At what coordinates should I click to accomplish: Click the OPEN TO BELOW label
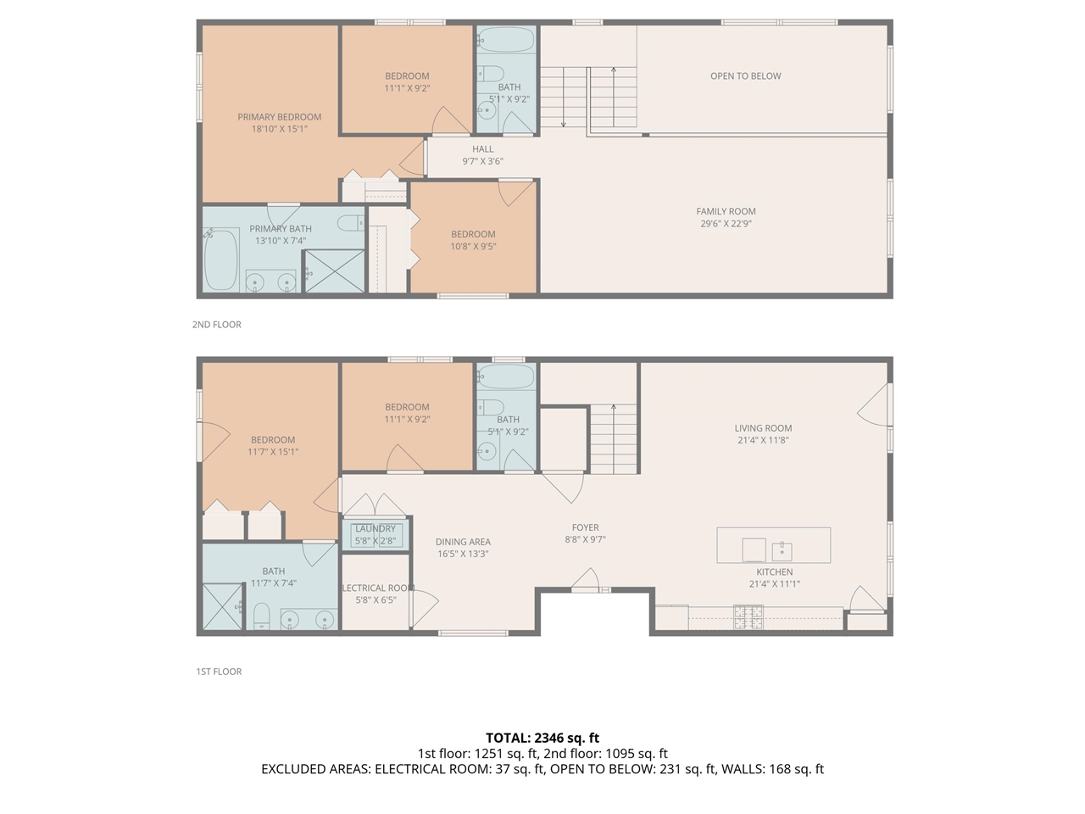point(745,76)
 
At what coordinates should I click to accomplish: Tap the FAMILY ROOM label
point(726,212)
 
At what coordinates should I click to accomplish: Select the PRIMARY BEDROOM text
point(279,117)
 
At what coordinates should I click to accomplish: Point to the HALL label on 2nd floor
point(482,149)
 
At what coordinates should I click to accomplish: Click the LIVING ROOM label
point(763,428)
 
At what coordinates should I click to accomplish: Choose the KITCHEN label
point(774,572)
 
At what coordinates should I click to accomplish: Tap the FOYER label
point(585,527)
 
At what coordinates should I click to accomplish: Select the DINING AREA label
point(463,542)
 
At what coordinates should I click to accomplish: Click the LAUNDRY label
point(375,529)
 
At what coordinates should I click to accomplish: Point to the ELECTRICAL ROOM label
point(376,588)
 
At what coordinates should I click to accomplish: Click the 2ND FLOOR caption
point(217,325)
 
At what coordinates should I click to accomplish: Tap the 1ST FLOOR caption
point(219,672)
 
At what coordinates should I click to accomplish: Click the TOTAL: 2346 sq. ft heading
point(542,738)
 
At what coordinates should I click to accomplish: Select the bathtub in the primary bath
point(221,259)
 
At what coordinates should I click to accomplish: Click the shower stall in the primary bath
point(334,272)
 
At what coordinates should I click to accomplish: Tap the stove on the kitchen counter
point(748,615)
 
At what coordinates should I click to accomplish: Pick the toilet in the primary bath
point(351,224)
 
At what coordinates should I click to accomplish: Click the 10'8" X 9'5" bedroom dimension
point(473,247)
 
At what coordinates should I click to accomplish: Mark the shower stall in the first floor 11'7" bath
point(223,605)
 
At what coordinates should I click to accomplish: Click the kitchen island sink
point(782,550)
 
